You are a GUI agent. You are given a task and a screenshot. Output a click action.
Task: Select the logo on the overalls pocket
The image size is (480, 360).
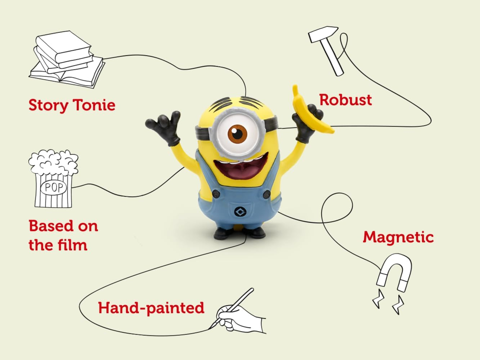[238, 212]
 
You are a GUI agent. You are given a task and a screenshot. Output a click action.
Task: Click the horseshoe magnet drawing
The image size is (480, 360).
[395, 272]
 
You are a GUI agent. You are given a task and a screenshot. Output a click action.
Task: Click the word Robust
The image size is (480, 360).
[345, 100]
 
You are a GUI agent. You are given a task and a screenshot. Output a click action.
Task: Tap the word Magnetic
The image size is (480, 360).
[398, 237]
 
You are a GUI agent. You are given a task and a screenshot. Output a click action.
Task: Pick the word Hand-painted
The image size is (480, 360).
[151, 308]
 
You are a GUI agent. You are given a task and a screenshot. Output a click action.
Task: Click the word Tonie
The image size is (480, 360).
[94, 105]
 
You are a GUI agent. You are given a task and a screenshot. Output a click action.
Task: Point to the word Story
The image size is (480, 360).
[49, 105]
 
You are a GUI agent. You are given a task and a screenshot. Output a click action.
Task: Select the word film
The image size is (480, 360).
[72, 245]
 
